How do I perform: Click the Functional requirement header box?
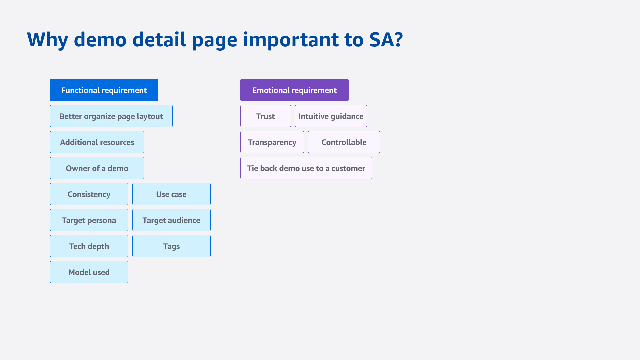pos(104,90)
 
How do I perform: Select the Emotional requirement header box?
pos(294,90)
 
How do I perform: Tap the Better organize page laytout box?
pos(111,116)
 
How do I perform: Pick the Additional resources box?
pos(97,142)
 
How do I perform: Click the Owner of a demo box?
pos(97,168)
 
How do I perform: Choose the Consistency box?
pos(89,194)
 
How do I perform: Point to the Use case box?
pos(171,194)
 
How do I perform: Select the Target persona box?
pos(89,220)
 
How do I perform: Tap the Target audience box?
pos(171,220)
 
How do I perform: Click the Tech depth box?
pos(89,246)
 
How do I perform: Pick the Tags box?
pos(171,246)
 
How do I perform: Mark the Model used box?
pos(89,272)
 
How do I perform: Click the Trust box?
pos(266,116)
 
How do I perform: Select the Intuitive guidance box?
pos(331,116)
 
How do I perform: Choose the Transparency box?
pos(272,142)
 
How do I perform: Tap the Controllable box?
pos(344,142)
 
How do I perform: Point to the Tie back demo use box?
pos(306,168)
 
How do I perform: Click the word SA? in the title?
pos(386,40)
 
